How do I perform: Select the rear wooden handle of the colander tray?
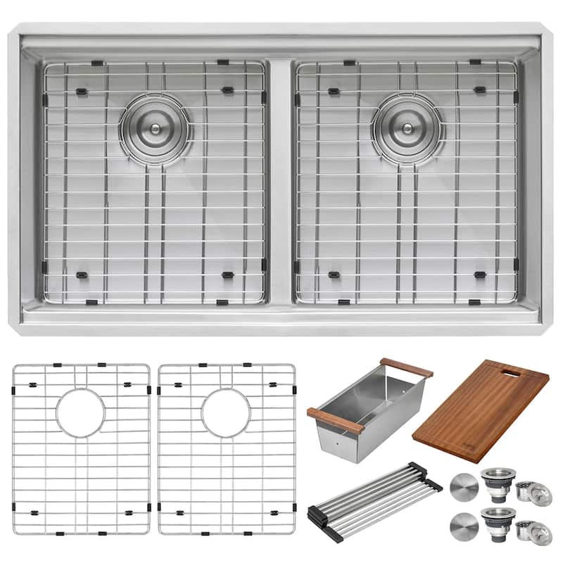406,367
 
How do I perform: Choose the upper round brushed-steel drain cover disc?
462,487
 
